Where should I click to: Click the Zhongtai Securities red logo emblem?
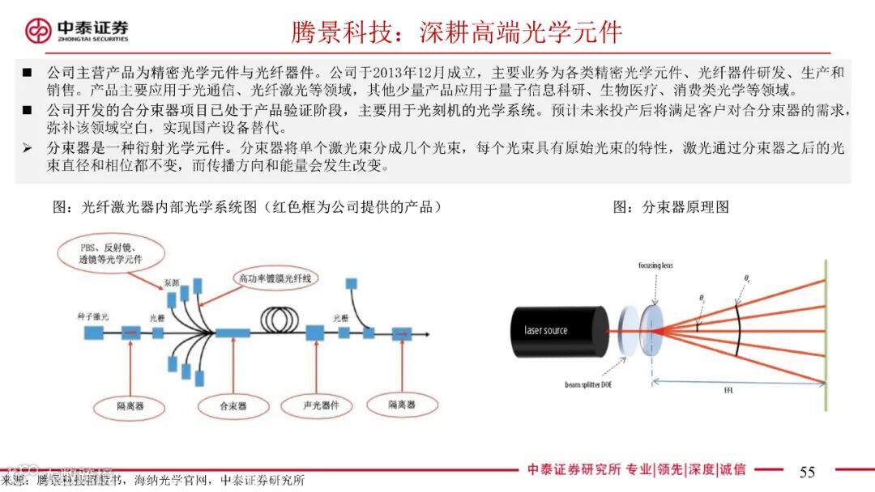pyautogui.click(x=37, y=31)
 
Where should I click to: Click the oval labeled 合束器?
pyautogui.click(x=233, y=405)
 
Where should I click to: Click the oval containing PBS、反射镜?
pyautogui.click(x=111, y=253)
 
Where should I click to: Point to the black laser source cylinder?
pyautogui.click(x=559, y=330)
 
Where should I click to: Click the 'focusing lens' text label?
pyautogui.click(x=655, y=265)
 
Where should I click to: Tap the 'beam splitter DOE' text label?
pyautogui.click(x=588, y=385)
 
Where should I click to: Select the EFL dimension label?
pyautogui.click(x=729, y=390)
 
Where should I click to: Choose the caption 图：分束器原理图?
pyautogui.click(x=671, y=206)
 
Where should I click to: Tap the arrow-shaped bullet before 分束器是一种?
pyautogui.click(x=27, y=148)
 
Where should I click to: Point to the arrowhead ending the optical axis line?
pyautogui.click(x=428, y=333)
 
